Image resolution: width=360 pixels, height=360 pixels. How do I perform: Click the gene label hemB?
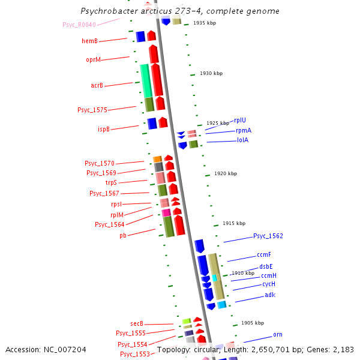click(x=89, y=41)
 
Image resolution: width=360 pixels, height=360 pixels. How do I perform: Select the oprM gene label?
click(x=93, y=60)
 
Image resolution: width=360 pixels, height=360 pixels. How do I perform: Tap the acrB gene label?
click(x=97, y=86)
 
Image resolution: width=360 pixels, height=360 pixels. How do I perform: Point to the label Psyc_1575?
click(x=92, y=110)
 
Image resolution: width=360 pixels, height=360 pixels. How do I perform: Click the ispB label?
click(x=104, y=129)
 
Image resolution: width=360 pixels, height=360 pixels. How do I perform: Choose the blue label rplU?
click(x=239, y=121)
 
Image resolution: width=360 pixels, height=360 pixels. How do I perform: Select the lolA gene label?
click(x=242, y=140)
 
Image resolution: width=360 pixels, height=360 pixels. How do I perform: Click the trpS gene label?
click(x=111, y=182)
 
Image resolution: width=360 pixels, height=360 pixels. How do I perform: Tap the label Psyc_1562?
click(x=268, y=236)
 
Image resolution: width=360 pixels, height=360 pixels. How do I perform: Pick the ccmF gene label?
click(x=264, y=255)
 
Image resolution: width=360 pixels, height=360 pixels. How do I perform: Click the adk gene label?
click(x=270, y=295)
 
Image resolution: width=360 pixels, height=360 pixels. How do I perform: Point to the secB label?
click(x=137, y=324)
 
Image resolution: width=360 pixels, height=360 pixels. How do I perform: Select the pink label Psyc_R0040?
click(x=79, y=25)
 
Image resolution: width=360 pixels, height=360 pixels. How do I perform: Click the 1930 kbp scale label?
click(x=211, y=73)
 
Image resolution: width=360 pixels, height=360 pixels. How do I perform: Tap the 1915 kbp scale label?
click(x=233, y=223)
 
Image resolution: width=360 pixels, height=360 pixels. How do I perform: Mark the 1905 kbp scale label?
click(x=252, y=323)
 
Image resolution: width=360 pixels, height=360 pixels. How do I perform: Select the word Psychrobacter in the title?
click(x=108, y=11)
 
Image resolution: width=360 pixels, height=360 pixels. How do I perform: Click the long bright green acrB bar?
click(x=145, y=80)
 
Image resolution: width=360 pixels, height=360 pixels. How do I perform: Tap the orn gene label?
click(x=277, y=335)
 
